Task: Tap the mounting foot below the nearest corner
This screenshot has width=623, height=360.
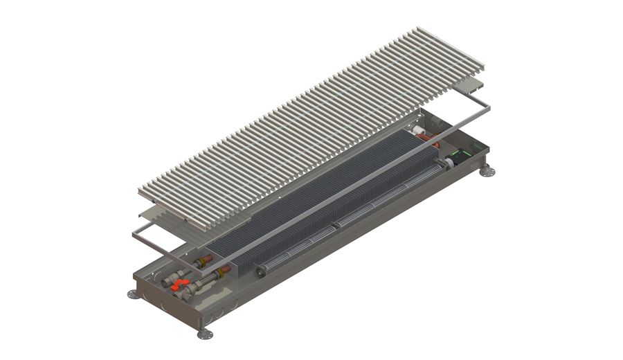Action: (x=205, y=334)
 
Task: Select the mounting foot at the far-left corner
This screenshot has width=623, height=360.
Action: (x=133, y=294)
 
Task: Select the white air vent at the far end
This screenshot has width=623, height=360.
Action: (x=419, y=131)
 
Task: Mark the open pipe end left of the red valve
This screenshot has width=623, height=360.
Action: (x=165, y=282)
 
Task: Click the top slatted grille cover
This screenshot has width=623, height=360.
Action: (x=311, y=125)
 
